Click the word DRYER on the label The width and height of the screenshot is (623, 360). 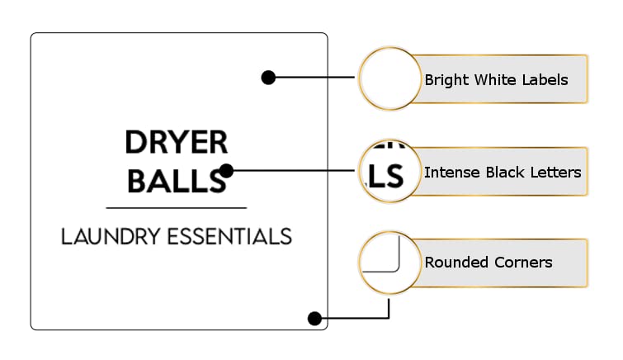pos(177,142)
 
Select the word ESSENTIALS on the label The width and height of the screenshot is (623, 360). pos(229,236)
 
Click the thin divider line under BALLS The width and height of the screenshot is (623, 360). pos(177,207)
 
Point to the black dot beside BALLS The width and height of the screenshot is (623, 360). pos(226,171)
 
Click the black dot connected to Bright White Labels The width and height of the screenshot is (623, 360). pos(268,77)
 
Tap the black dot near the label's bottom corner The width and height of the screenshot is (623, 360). pos(314,318)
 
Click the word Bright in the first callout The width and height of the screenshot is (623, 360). pos(447,80)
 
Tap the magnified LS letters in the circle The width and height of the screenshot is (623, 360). pos(384,177)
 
